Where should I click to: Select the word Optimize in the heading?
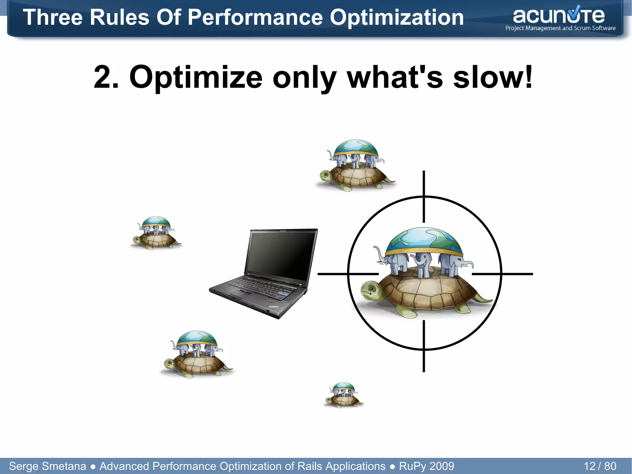point(196,77)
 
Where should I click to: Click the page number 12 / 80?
point(600,466)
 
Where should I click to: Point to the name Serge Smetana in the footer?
point(48,466)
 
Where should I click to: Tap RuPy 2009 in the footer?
point(426,466)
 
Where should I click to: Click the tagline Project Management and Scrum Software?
point(560,28)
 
